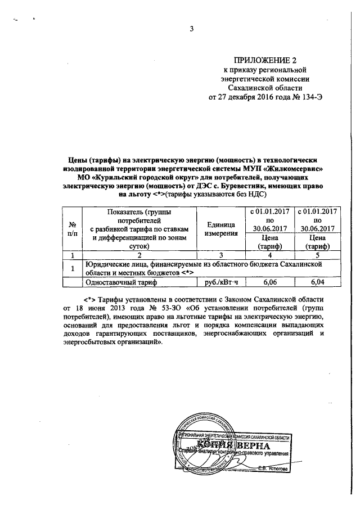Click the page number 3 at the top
tap(191, 30)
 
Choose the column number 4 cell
tap(270, 254)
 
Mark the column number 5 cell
tap(318, 254)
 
